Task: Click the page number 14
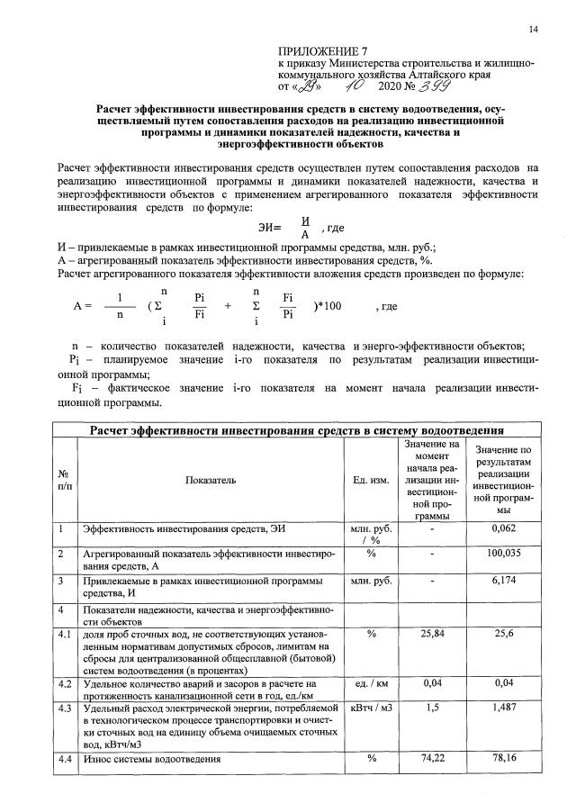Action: pos(534,30)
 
